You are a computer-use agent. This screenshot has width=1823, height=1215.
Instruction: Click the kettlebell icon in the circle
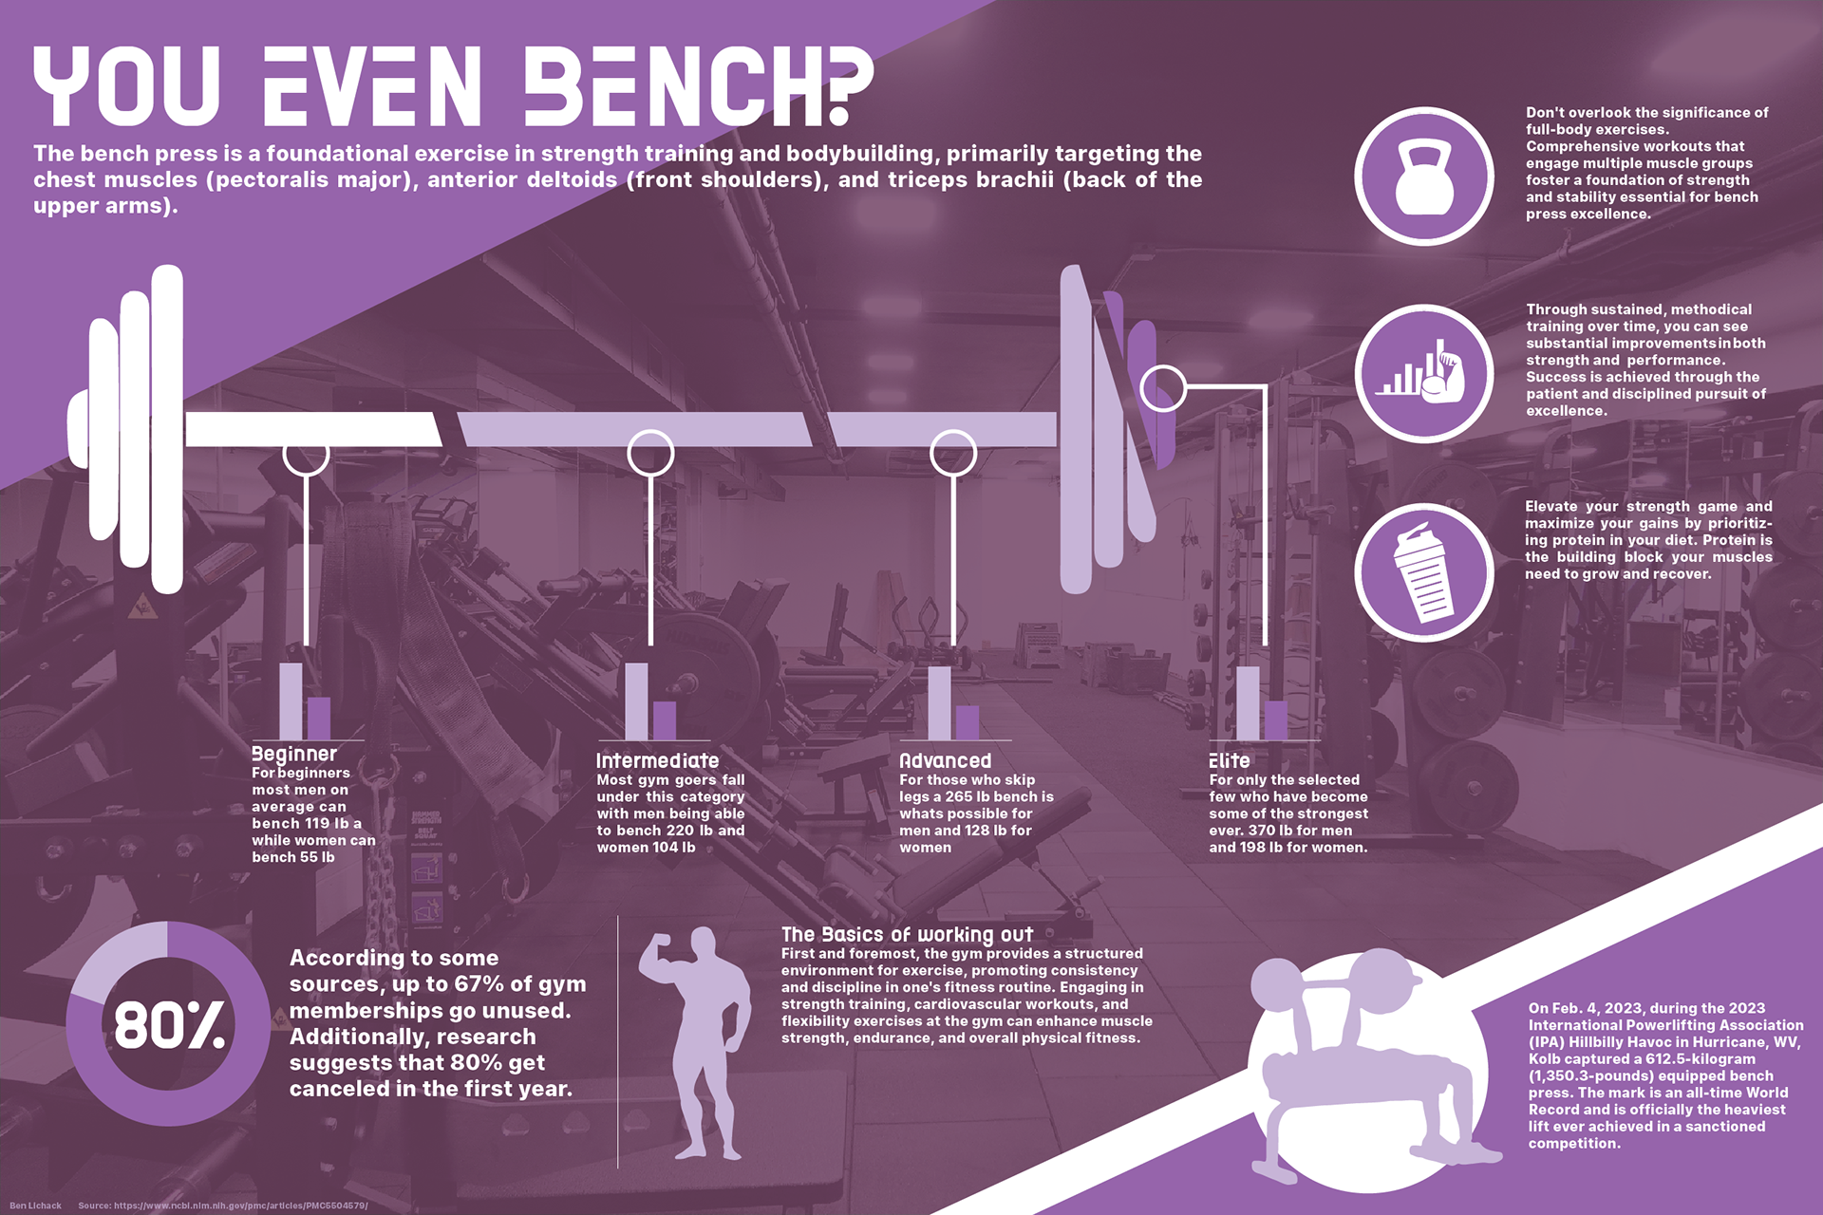click(1423, 178)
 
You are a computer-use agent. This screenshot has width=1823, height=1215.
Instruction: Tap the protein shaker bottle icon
click(1423, 572)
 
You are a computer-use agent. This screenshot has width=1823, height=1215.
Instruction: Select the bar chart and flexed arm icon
click(1423, 374)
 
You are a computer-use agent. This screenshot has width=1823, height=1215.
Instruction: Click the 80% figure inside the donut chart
click(169, 1026)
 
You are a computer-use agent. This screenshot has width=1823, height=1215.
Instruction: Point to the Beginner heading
click(294, 754)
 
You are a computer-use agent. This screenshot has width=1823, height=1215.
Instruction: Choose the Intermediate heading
click(657, 760)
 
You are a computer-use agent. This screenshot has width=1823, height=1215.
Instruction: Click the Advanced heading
click(945, 760)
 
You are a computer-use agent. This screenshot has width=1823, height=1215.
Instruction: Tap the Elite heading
click(1229, 760)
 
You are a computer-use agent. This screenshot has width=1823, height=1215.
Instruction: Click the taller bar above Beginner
click(291, 701)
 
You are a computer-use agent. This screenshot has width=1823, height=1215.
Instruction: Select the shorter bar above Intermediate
click(665, 720)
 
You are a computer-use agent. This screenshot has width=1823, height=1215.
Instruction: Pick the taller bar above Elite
click(1248, 702)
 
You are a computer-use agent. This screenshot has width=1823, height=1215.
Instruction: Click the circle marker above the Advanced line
click(953, 453)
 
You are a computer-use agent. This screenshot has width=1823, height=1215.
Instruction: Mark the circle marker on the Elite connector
click(1163, 387)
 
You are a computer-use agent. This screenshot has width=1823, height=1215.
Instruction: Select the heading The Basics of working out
click(907, 934)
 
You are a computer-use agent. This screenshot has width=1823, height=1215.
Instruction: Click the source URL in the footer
click(222, 1206)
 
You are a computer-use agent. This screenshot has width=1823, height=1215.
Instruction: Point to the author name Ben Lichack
click(35, 1206)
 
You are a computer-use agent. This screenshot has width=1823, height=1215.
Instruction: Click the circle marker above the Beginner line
click(306, 453)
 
